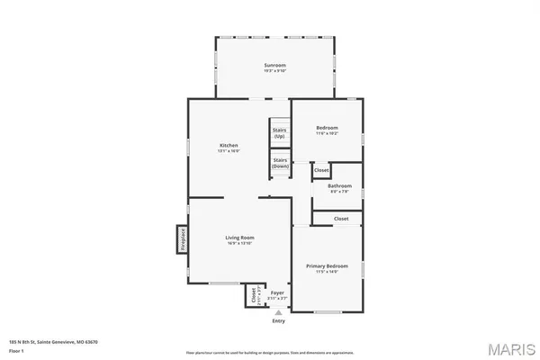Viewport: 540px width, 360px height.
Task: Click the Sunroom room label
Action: click(x=274, y=66)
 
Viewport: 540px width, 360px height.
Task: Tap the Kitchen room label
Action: click(x=229, y=145)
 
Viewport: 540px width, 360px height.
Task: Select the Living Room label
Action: click(x=239, y=238)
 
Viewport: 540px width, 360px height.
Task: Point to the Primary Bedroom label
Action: click(x=327, y=266)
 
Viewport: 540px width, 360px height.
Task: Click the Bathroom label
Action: click(x=339, y=186)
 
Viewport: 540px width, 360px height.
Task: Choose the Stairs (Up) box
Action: click(x=280, y=132)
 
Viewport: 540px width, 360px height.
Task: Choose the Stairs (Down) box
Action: click(x=280, y=163)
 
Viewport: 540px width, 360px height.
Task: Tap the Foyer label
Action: click(x=278, y=292)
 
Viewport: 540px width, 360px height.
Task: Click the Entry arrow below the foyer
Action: click(x=278, y=312)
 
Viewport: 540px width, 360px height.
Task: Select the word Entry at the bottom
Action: click(x=278, y=321)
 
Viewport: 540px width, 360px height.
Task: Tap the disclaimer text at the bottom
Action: click(x=270, y=352)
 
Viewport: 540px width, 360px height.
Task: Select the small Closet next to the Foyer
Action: click(x=252, y=296)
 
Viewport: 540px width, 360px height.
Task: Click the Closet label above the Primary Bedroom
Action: click(x=341, y=219)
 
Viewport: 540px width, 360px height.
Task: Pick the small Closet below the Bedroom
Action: click(x=321, y=169)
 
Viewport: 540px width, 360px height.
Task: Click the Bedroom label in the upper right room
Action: click(x=326, y=128)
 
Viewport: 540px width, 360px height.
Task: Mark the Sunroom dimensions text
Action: click(x=274, y=71)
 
